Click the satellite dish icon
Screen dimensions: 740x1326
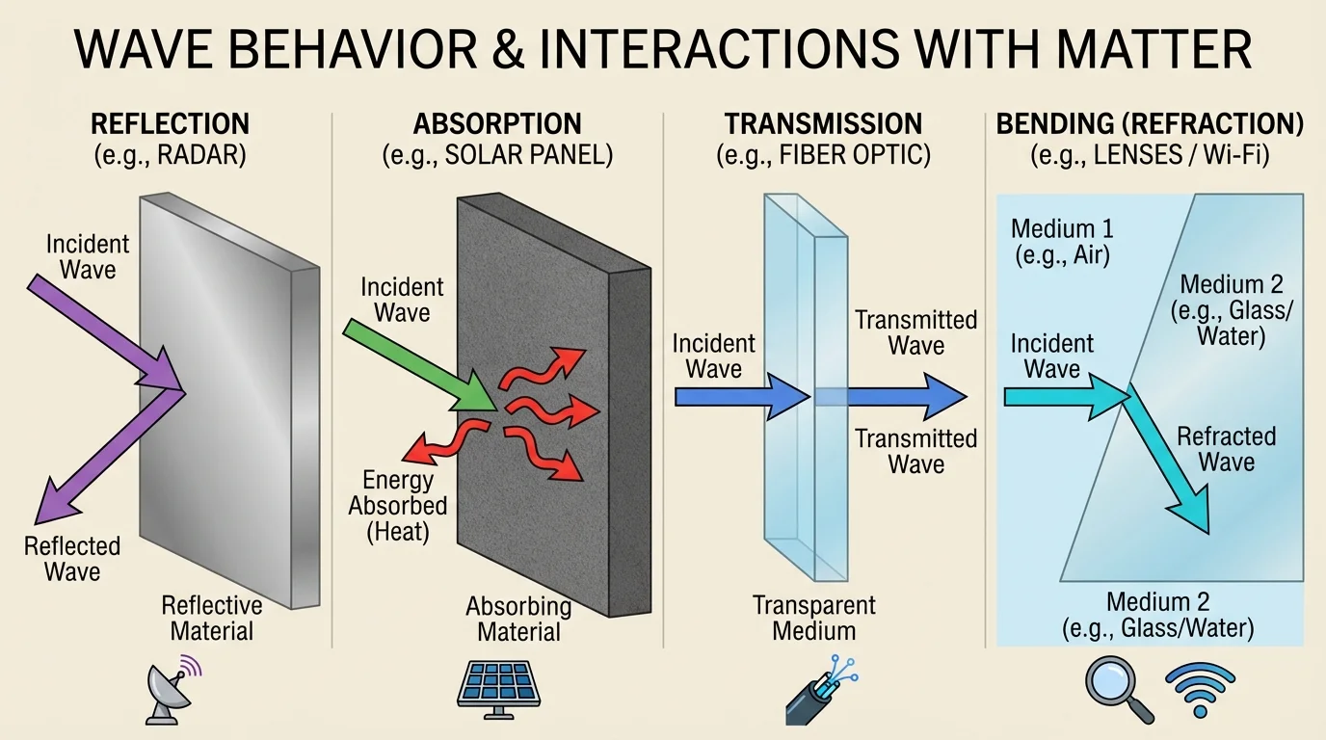pyautogui.click(x=172, y=691)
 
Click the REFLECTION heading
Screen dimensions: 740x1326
pyautogui.click(x=170, y=124)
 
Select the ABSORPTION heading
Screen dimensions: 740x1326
pyautogui.click(x=497, y=124)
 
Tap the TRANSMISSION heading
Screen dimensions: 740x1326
pyautogui.click(x=824, y=124)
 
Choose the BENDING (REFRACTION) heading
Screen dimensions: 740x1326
pyautogui.click(x=1150, y=124)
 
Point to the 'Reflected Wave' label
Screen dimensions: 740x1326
pyautogui.click(x=72, y=559)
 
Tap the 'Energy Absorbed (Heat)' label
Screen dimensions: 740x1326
pyautogui.click(x=398, y=505)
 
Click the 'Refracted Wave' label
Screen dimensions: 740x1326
pyautogui.click(x=1226, y=449)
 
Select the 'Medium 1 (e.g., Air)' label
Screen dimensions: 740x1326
pyautogui.click(x=1062, y=242)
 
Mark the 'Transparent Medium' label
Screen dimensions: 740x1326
pyautogui.click(x=814, y=618)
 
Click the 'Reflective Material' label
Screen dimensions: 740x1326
pyautogui.click(x=211, y=618)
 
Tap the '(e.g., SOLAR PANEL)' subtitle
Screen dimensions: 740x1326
pyautogui.click(x=497, y=155)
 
